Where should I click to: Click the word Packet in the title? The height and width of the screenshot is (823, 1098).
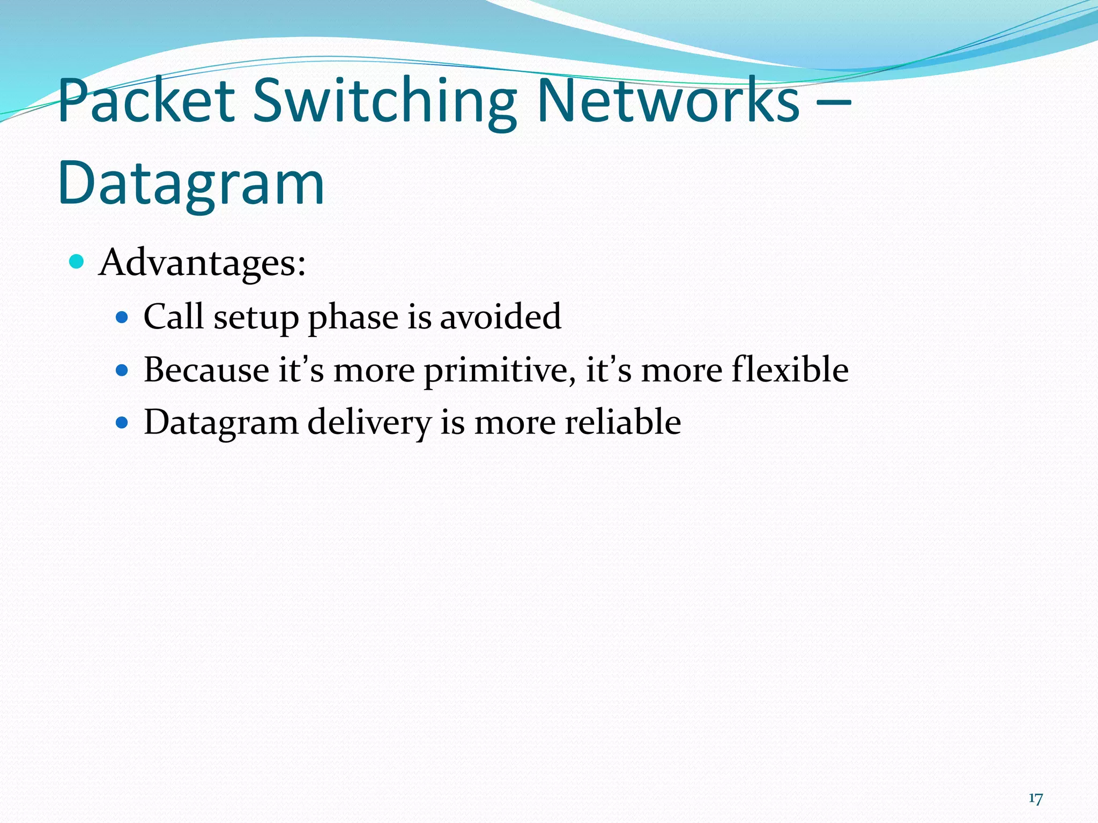[x=146, y=101]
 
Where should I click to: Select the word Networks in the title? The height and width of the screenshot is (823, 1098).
[x=668, y=101]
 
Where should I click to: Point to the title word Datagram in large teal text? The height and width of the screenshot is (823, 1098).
[x=191, y=184]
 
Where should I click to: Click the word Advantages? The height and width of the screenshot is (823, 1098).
[x=202, y=263]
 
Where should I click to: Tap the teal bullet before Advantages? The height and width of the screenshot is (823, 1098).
[x=77, y=262]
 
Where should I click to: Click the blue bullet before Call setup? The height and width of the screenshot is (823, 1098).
[x=122, y=318]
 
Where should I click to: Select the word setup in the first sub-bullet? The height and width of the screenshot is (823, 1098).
[x=256, y=317]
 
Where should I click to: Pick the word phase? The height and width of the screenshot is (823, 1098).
[x=353, y=317]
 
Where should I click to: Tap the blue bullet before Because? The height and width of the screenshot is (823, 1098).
[x=122, y=370]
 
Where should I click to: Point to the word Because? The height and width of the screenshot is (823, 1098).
[x=206, y=370]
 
